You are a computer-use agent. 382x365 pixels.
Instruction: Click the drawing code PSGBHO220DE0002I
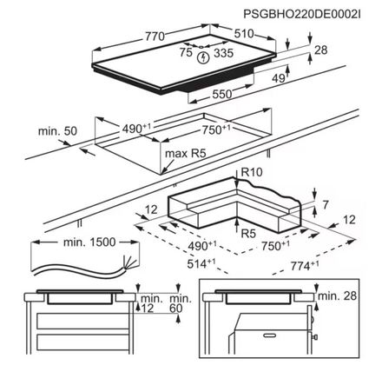(302, 14)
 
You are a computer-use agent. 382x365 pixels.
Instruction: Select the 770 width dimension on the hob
(155, 36)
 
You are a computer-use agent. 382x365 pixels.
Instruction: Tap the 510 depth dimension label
(244, 34)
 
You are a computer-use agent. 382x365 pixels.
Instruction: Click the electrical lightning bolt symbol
(204, 57)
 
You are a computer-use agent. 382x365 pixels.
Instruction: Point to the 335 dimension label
(223, 53)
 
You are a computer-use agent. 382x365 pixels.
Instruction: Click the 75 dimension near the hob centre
(186, 52)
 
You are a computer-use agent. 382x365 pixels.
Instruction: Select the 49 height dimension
(279, 78)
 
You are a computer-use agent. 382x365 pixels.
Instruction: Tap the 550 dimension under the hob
(222, 94)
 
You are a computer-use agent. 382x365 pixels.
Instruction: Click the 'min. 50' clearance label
(57, 131)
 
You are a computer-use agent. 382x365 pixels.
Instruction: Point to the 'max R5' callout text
(185, 153)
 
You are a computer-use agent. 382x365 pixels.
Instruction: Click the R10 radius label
(252, 172)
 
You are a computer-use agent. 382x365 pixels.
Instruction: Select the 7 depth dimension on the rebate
(326, 205)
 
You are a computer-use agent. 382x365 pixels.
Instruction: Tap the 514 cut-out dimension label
(201, 264)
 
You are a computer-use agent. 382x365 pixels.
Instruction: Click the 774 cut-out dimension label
(305, 266)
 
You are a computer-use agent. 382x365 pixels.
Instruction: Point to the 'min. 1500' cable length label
(89, 242)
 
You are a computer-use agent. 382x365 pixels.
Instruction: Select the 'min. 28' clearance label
(337, 295)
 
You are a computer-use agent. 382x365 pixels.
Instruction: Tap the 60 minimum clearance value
(175, 309)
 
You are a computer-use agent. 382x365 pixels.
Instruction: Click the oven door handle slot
(270, 335)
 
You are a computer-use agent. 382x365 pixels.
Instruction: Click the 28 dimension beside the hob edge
(321, 50)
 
